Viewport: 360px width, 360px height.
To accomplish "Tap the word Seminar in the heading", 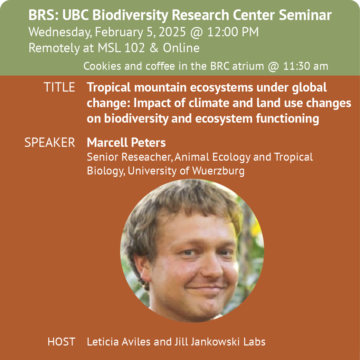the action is click(x=305, y=15).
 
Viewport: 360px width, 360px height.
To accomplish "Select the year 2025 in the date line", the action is click(x=172, y=32).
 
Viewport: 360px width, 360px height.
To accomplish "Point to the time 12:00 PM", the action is click(x=233, y=32).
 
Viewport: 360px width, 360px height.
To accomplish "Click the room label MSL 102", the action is click(x=121, y=48).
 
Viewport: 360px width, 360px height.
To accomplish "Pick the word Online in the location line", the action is click(x=181, y=48).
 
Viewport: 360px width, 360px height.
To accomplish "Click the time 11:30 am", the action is click(x=305, y=66).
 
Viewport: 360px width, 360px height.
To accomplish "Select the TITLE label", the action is click(x=59, y=87).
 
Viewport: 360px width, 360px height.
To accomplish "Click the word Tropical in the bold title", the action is click(x=109, y=88).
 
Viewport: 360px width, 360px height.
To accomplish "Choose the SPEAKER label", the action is click(x=50, y=143).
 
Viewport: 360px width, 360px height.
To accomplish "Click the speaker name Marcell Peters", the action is click(x=126, y=143).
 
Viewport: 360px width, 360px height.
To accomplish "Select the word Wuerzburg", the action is click(x=218, y=171).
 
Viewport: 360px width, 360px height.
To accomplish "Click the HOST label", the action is click(x=61, y=342).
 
